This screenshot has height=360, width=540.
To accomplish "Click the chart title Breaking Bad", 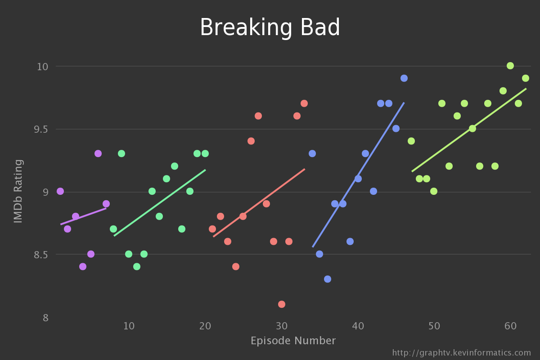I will point(270,28).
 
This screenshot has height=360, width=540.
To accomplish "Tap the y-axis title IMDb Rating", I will point(18,191).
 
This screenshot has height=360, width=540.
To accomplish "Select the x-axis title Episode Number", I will point(293,341).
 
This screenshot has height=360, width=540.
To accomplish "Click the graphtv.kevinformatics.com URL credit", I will point(462,353).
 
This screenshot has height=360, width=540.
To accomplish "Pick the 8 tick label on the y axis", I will point(45,318).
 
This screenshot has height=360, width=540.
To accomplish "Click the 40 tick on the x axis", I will point(358,325).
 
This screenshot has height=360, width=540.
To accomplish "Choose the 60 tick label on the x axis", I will point(510,325).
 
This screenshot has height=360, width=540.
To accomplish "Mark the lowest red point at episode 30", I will point(282,304).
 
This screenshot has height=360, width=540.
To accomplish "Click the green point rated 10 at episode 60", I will point(510,66).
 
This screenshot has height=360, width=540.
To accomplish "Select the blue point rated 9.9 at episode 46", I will point(404,78).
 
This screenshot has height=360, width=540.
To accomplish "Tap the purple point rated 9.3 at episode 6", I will point(98,153).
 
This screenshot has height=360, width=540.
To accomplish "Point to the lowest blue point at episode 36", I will point(328,279).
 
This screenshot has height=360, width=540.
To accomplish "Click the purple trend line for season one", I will point(83,216).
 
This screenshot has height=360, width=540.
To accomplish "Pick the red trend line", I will point(259,202).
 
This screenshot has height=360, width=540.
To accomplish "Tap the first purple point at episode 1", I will point(60,191).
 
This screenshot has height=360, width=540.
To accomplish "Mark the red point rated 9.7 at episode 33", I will point(304,103).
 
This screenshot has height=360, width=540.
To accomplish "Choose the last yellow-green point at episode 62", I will point(526,78).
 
